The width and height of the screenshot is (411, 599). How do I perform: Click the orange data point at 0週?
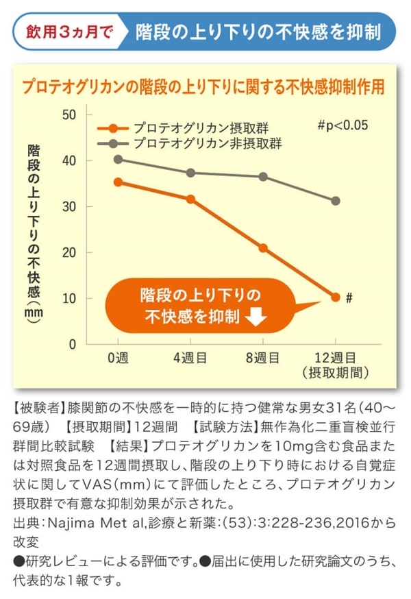(x=118, y=182)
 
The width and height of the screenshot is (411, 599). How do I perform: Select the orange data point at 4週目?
(x=190, y=199)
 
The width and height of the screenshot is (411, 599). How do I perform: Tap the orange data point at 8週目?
(x=263, y=247)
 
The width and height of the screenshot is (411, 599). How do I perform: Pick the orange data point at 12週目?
(x=336, y=297)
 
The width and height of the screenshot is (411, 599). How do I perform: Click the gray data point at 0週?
(x=118, y=159)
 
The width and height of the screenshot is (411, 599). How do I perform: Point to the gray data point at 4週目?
(x=190, y=173)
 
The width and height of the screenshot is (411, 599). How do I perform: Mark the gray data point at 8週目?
(x=263, y=176)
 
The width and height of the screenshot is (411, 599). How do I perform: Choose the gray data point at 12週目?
(x=336, y=201)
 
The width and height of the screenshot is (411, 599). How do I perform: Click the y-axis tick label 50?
(x=68, y=114)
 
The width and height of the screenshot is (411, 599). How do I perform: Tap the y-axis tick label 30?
(x=68, y=206)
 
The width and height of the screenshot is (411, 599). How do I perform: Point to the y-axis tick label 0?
(x=72, y=345)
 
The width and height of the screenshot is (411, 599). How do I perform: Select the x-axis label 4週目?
(x=190, y=358)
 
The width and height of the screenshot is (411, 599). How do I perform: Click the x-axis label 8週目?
(x=262, y=358)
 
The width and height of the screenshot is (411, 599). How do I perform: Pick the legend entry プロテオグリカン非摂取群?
(x=208, y=143)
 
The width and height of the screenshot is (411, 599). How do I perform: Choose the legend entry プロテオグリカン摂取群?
(x=201, y=128)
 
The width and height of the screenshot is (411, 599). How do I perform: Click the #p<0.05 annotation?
(x=342, y=125)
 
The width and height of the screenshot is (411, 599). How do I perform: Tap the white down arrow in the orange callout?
(x=256, y=317)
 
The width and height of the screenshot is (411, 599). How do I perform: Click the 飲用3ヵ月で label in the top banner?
(x=68, y=32)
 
